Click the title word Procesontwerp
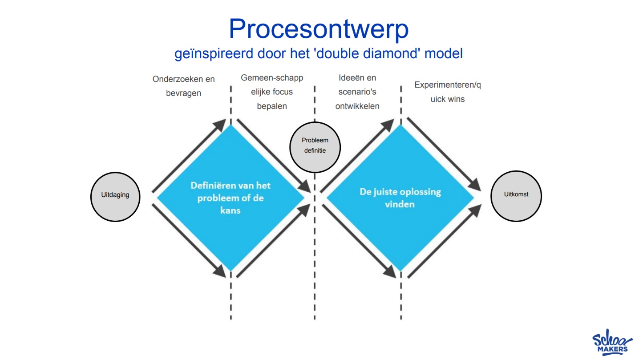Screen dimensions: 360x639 [319, 29]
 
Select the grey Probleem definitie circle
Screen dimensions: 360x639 [315, 146]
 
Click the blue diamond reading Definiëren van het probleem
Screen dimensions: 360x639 [231, 197]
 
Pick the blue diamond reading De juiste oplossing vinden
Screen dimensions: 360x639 [400, 198]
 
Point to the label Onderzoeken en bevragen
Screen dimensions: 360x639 [183, 86]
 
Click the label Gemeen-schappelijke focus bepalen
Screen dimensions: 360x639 [272, 92]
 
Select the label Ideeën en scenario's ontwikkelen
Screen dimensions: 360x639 [357, 92]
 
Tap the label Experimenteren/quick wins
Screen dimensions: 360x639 [447, 92]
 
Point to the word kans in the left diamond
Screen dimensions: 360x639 [230, 210]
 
